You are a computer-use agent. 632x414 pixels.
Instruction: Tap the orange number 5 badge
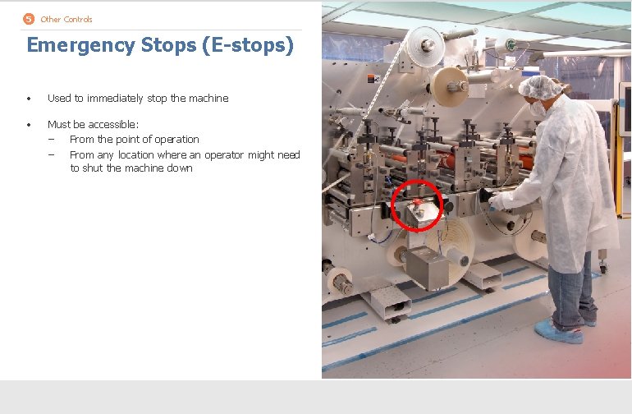pos(30,19)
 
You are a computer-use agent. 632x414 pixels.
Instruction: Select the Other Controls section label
pos(66,19)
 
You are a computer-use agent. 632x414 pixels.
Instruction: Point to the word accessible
pos(115,125)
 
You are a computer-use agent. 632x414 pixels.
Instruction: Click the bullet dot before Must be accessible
pos(29,125)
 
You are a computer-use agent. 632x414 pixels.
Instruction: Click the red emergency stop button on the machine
pos(418,203)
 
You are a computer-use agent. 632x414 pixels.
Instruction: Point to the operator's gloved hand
pos(500,201)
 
